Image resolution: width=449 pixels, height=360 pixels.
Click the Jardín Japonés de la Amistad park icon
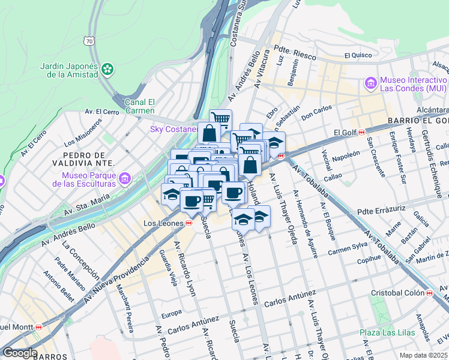click(x=107, y=70)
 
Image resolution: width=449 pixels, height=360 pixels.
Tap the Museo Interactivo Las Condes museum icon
click(x=370, y=82)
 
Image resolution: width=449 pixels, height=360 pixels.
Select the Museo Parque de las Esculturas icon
click(x=125, y=178)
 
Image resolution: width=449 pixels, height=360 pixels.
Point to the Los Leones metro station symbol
click(x=189, y=223)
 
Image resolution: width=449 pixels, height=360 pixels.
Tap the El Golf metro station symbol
click(x=362, y=133)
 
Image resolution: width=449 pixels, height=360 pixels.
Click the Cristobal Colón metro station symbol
click(x=429, y=293)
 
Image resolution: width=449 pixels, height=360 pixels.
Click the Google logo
click(x=20, y=353)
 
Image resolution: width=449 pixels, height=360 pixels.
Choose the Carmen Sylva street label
click(x=348, y=248)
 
